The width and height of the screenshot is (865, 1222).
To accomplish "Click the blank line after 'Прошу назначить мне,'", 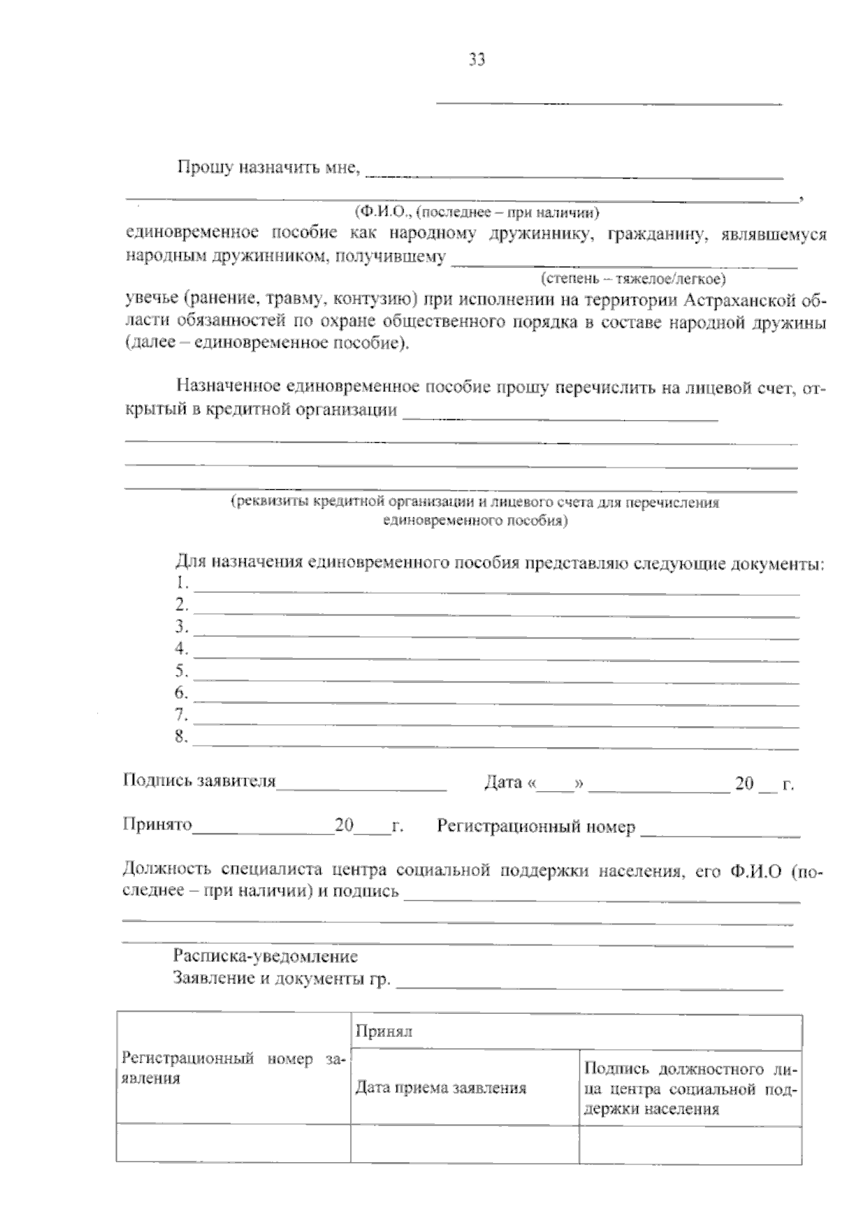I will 575,175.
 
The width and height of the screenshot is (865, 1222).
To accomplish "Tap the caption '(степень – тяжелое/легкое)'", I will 633,278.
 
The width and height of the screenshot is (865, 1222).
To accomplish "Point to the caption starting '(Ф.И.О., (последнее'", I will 476,213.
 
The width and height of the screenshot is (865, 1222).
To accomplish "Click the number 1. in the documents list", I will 182,582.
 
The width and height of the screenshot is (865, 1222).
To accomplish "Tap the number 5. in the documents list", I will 182,672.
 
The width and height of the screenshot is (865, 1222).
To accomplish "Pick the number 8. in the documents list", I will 182,737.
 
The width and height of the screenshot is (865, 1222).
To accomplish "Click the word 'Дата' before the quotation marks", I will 502,783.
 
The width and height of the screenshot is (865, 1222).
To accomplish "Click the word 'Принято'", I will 157,825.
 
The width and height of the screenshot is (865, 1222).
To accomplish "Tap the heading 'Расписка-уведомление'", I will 265,957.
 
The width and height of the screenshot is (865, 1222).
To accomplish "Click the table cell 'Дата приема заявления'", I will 440,1088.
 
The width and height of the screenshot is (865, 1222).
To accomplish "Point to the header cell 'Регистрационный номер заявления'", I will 234,1069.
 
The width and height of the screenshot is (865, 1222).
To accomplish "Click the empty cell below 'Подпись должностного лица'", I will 690,1143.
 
